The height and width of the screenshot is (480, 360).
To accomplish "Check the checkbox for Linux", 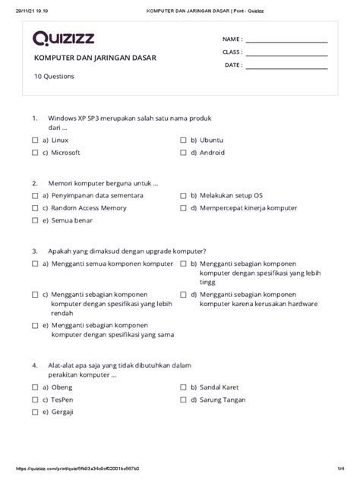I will (x=35, y=141).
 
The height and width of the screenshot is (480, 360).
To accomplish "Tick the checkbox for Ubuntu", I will (x=183, y=141).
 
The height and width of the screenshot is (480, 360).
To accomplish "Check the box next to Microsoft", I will (x=35, y=153).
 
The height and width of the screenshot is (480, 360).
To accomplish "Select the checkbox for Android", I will (x=183, y=153).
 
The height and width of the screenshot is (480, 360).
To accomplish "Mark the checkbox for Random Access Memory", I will (x=35, y=207).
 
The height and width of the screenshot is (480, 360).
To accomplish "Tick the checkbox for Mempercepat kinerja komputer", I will (x=183, y=207).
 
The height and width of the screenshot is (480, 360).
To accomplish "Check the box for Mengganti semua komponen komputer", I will (x=35, y=263).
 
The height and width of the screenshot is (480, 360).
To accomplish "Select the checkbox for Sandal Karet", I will (x=183, y=386).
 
